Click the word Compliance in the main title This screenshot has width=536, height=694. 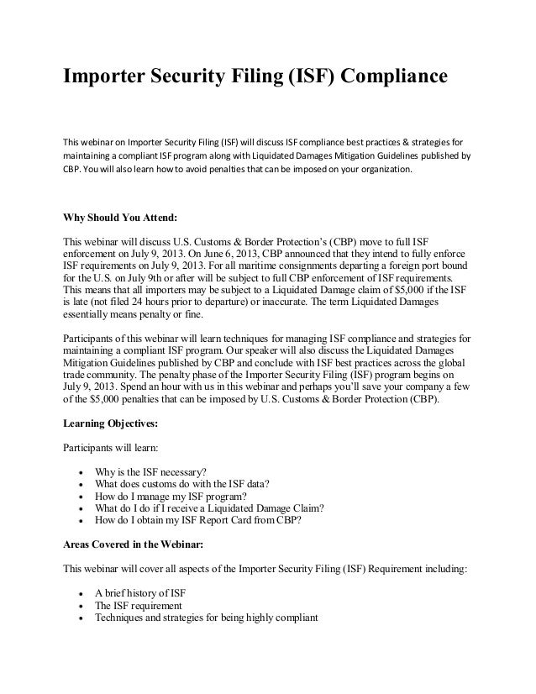pos(381,78)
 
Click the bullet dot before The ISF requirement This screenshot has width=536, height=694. pos(79,606)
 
